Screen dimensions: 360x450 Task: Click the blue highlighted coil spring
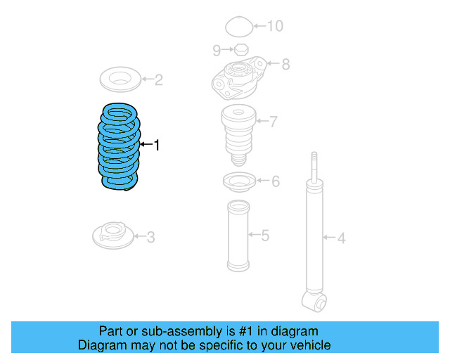[118, 147]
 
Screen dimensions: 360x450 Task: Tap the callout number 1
[157, 146]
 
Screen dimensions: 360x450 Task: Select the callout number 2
[159, 79]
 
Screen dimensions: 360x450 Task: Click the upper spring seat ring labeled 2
[121, 79]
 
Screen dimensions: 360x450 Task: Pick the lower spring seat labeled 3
[112, 234]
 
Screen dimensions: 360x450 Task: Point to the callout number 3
[150, 236]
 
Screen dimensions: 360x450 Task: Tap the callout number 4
[341, 239]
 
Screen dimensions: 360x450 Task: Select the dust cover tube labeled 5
[238, 236]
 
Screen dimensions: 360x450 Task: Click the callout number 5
[264, 235]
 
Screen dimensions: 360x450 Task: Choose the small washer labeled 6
[237, 182]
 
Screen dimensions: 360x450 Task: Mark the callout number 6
[275, 182]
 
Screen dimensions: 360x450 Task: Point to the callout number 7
[274, 122]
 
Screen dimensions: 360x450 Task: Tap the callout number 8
[285, 64]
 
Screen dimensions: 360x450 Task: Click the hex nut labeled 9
[238, 49]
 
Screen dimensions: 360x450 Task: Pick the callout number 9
[217, 49]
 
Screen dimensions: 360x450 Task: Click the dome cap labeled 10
[238, 27]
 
